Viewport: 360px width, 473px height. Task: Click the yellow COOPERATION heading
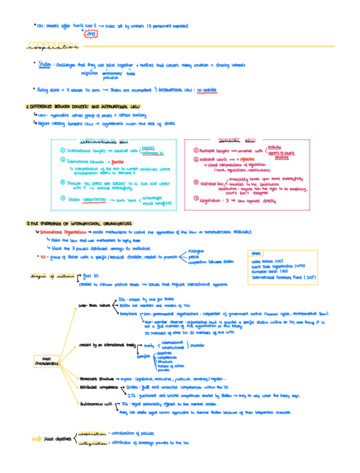pyautogui.click(x=53, y=46)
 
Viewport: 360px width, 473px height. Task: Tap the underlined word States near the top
pyautogui.click(x=45, y=65)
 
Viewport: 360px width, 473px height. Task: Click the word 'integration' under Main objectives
pyautogui.click(x=92, y=443)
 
